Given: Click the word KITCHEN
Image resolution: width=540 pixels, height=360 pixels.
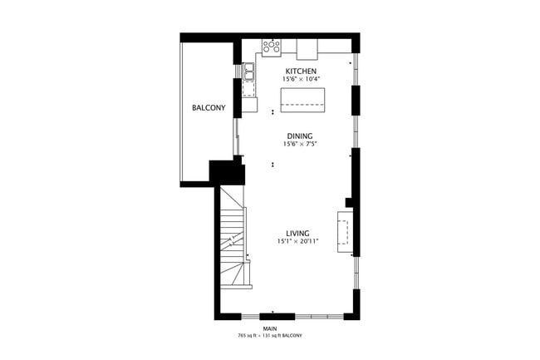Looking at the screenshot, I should tap(301, 72).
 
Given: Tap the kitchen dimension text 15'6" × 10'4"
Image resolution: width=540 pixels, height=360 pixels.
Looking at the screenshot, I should tap(301, 80).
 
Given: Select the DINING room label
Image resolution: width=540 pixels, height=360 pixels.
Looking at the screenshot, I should tap(300, 136).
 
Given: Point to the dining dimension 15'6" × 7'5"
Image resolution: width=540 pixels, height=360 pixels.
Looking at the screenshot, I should tap(300, 144).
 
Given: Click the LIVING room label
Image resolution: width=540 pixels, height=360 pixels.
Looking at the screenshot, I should tap(297, 233).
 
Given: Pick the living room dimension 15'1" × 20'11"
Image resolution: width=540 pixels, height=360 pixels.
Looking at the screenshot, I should tap(298, 241).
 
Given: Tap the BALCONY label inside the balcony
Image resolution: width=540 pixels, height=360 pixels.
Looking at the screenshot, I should tap(209, 108).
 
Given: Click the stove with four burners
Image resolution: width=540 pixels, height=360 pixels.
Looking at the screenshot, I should tap(272, 47).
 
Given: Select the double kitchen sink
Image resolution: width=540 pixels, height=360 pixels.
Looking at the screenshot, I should tap(249, 71).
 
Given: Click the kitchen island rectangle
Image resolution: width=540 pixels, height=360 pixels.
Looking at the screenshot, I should tap(304, 100).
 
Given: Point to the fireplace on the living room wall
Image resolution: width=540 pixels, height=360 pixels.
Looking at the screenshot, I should tap(345, 230).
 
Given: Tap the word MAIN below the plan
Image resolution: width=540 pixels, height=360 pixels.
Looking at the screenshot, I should tap(269, 329).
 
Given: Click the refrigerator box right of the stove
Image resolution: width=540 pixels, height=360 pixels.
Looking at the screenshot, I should tap(308, 47).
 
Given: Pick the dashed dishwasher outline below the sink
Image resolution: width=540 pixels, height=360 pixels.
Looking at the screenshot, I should tap(249, 86).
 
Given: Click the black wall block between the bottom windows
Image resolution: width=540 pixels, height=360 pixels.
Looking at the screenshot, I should tap(272, 315).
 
